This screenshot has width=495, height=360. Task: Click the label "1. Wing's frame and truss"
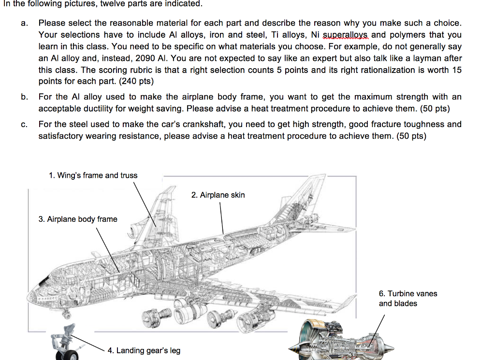pos(93,175)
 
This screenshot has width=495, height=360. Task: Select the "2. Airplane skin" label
pos(218,195)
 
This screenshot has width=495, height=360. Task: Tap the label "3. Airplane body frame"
pos(77,219)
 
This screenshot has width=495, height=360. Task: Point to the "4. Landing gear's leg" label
pos(144,350)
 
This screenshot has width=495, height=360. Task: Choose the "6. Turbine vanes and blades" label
pos(408,299)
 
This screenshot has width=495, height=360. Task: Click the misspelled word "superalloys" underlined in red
pos(348,35)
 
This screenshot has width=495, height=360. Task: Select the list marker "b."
pos(24,97)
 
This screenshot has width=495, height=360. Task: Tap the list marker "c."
pos(24,125)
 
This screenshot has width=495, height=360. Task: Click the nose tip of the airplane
pos(30,295)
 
